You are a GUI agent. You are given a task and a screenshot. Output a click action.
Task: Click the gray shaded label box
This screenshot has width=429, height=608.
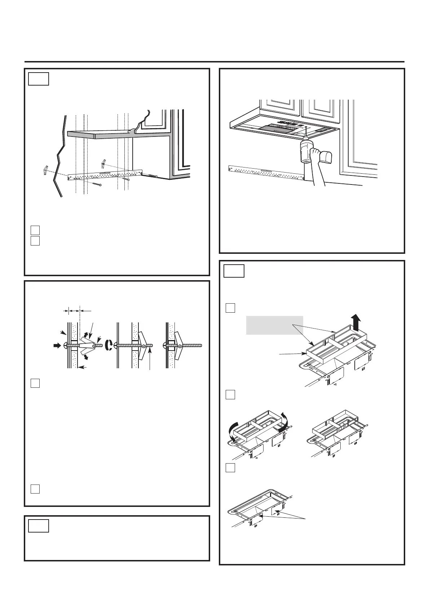(274, 325)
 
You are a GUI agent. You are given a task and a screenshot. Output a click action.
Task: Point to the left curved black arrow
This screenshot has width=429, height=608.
(232, 432)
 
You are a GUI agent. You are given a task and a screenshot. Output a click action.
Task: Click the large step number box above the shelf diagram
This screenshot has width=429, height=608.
(39, 79)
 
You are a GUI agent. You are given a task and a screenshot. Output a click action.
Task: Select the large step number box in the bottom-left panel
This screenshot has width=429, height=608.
(39, 525)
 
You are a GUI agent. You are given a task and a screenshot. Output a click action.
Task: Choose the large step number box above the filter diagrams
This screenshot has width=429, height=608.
(234, 271)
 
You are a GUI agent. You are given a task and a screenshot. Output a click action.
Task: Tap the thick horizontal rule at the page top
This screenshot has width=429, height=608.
(214, 62)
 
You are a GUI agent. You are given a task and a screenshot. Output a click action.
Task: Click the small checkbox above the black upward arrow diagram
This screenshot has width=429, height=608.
(230, 308)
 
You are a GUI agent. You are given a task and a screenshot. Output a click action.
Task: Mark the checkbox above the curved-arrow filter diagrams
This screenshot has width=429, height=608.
(230, 395)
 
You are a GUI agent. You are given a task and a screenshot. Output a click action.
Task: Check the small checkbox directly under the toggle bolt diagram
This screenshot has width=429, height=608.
(35, 383)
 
